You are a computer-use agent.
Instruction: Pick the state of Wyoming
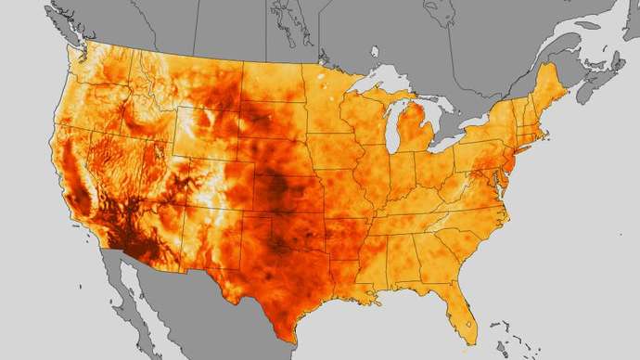point(204,130)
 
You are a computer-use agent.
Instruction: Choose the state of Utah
point(158,167)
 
